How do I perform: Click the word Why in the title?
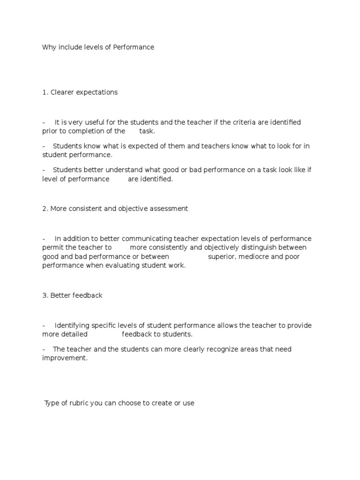[49, 47]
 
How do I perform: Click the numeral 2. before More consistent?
[45, 209]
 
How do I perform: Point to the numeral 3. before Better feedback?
[45, 295]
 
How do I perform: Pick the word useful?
[95, 122]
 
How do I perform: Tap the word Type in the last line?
[52, 403]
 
